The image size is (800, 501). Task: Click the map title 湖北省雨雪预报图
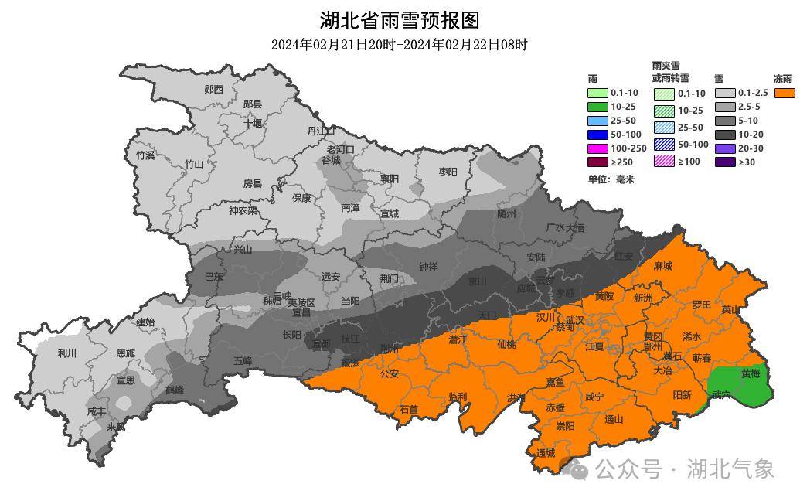[399, 20]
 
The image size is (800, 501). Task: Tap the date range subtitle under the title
[399, 45]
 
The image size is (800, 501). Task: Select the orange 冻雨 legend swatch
[785, 93]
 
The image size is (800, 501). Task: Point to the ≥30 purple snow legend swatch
[724, 162]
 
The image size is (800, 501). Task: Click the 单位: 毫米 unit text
[611, 179]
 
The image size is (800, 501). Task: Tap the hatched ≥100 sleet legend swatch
[664, 161]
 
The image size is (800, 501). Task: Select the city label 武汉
[574, 319]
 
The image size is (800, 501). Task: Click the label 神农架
[243, 210]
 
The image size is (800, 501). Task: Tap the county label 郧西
[213, 90]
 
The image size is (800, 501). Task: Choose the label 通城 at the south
[545, 453]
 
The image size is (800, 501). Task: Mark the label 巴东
[213, 276]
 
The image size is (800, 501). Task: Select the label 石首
[408, 409]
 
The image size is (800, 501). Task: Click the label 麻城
[662, 266]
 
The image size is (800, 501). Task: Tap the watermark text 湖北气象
[730, 469]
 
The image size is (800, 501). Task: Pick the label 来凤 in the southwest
[115, 427]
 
